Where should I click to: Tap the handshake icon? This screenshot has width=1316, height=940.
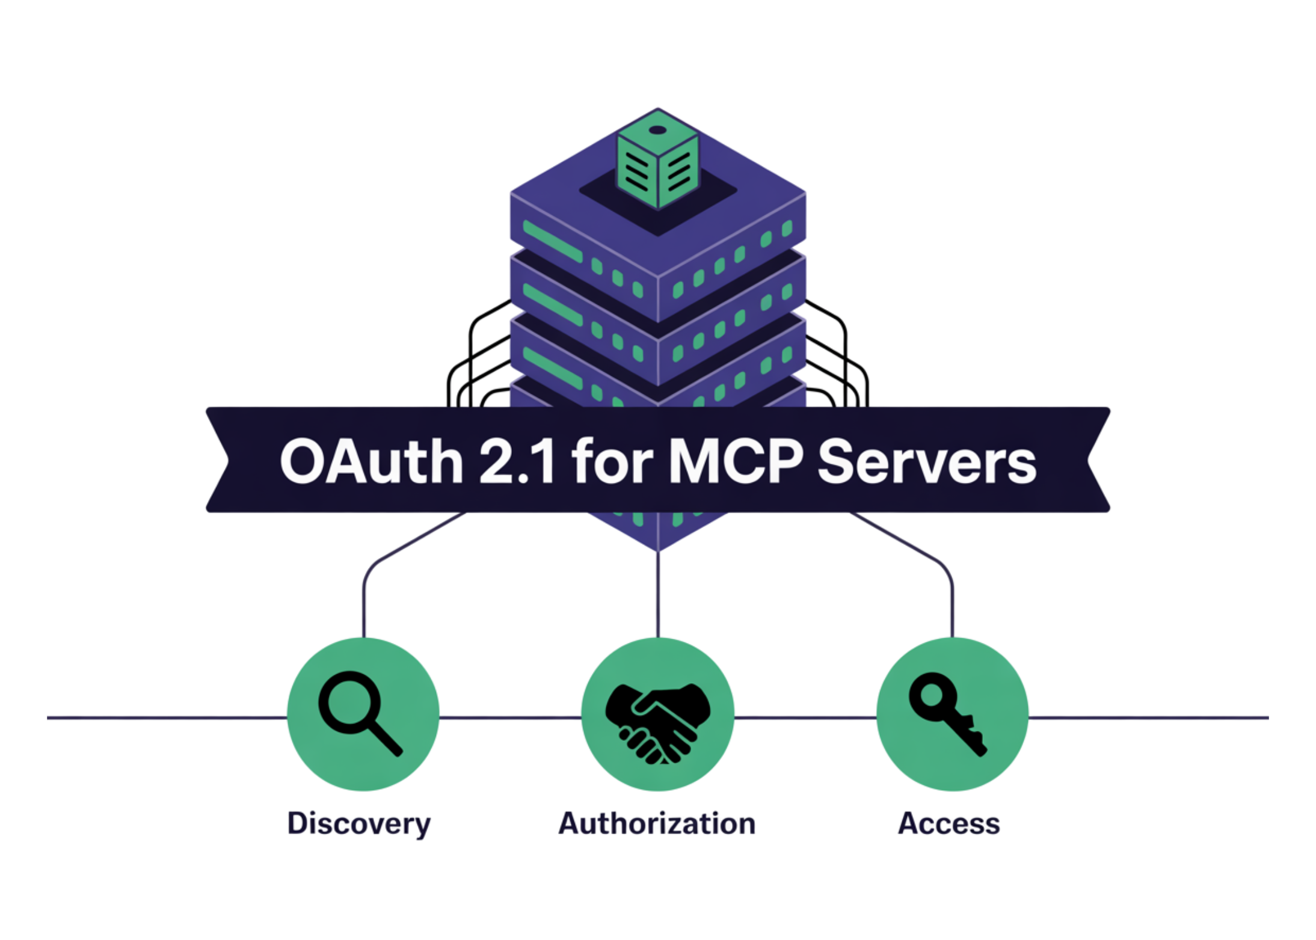coord(657,722)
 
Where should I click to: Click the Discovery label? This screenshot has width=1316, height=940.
coord(359,824)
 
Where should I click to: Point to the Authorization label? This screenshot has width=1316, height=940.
coord(657,824)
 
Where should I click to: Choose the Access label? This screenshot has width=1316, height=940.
coord(949,824)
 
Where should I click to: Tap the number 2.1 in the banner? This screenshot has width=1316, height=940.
coord(517,461)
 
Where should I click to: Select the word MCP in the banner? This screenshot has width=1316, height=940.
coord(736,461)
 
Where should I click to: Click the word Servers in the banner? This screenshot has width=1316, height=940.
coord(927,461)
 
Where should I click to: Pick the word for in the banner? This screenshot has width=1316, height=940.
coord(612,461)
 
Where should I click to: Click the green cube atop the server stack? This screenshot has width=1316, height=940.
coord(658,159)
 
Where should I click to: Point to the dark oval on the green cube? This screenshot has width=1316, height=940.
coord(657,130)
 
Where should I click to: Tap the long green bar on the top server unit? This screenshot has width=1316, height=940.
coord(552,241)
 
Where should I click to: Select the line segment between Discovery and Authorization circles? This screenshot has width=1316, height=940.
coord(510,717)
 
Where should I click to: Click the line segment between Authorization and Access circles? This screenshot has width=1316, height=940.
coord(805,717)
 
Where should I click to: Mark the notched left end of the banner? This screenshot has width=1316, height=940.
coord(218,460)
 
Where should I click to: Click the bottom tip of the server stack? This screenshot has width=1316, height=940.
coord(658,547)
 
